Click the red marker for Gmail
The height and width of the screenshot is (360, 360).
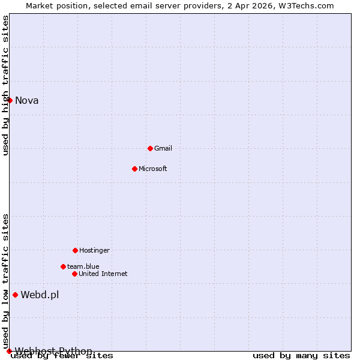(x=150, y=148)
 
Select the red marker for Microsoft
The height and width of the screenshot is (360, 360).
(x=134, y=169)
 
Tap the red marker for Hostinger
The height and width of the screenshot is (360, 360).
(x=75, y=250)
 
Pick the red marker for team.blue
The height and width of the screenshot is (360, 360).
(x=63, y=266)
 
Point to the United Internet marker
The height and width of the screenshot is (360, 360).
(x=74, y=274)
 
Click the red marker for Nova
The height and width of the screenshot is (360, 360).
(x=10, y=100)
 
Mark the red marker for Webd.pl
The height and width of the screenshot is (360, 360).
(x=15, y=295)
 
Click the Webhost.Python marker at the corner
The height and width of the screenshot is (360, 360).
(x=9, y=351)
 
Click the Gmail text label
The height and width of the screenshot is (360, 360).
(x=163, y=148)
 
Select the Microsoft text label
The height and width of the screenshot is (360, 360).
(x=153, y=169)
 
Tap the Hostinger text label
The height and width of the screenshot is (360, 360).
(x=94, y=250)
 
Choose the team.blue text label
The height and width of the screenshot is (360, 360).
(x=83, y=266)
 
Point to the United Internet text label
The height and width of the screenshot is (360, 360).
(x=103, y=274)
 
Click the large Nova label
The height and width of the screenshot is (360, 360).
(x=27, y=100)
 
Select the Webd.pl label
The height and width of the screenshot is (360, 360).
(x=40, y=295)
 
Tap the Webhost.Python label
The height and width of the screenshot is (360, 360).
(x=53, y=351)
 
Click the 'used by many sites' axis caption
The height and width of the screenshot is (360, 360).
(x=301, y=356)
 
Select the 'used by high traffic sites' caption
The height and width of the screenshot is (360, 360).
(x=5, y=85)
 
